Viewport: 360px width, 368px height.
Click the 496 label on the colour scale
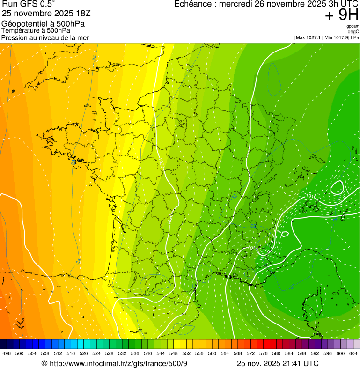coord(7,353)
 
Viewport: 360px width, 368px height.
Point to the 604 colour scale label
coord(353,353)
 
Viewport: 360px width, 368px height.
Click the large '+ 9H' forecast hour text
coord(342,15)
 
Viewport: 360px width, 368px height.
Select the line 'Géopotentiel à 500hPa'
coord(43,24)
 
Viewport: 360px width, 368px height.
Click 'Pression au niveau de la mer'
coord(45,37)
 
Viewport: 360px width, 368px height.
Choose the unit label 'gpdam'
coord(353,26)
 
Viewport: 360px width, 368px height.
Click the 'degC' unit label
coord(353,32)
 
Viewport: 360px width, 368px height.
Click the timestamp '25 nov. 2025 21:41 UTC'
coord(278,363)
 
